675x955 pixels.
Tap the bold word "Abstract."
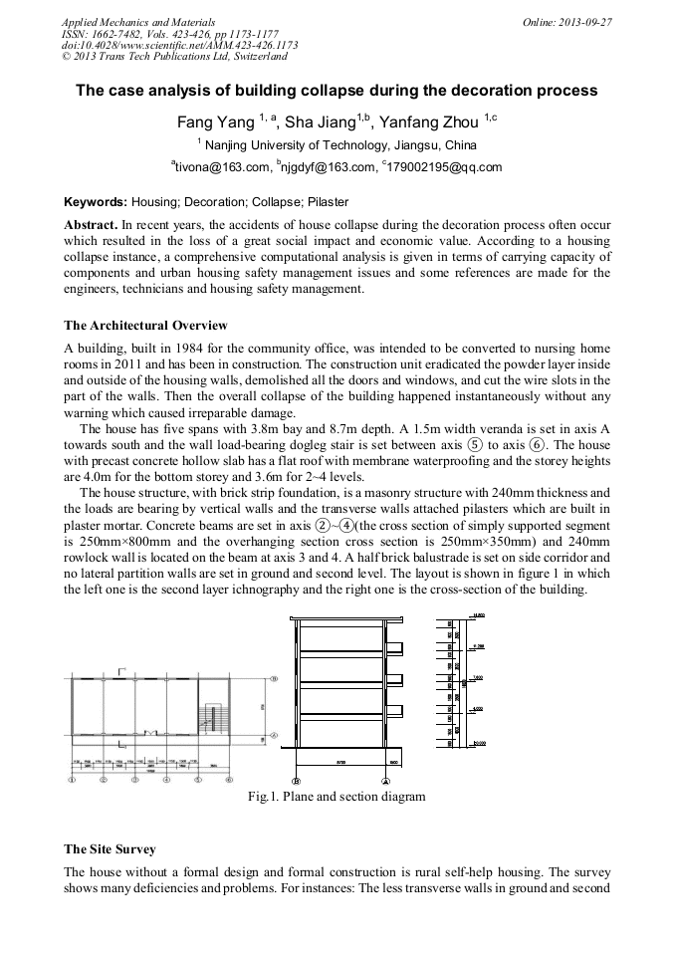[x=92, y=226]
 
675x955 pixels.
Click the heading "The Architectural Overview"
[x=145, y=326]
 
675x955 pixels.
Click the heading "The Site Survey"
[x=110, y=849]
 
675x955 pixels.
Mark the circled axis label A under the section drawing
[x=386, y=781]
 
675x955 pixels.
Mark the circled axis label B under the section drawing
[x=296, y=781]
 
